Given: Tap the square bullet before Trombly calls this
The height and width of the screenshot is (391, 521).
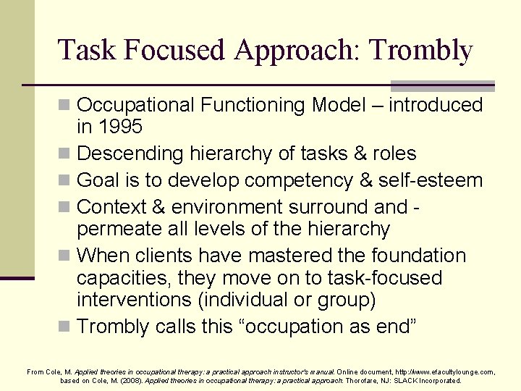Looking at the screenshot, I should coord(66,327).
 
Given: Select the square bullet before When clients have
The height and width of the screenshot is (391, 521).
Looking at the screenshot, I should coord(66,256).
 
